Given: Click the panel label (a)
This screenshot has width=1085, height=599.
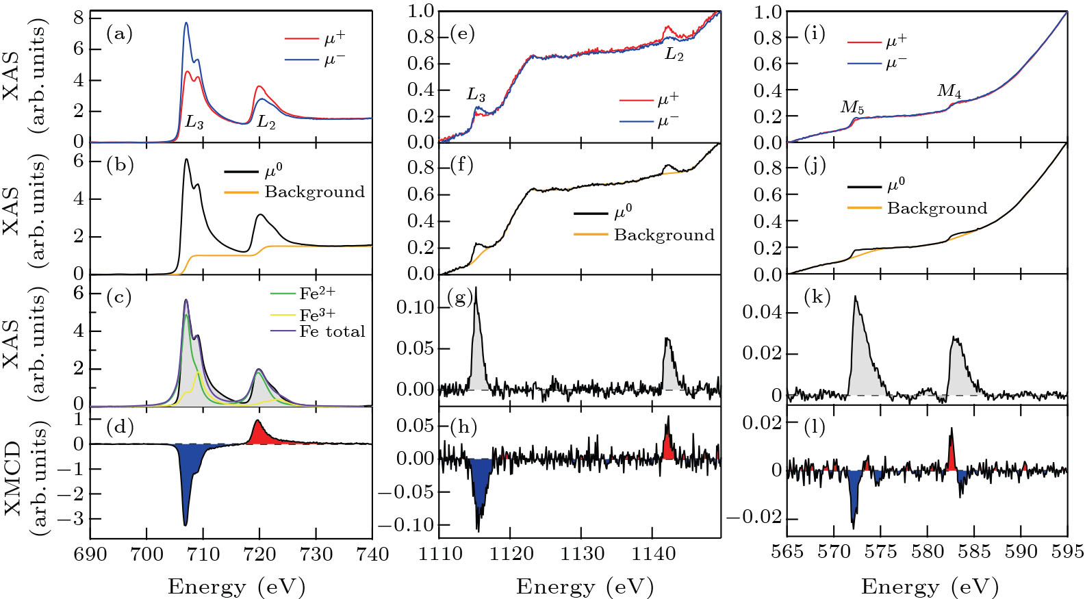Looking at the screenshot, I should click(119, 34).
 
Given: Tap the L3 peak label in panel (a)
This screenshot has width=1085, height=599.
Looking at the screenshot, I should click(194, 123).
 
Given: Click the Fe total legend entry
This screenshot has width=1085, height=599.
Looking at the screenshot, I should click(332, 332).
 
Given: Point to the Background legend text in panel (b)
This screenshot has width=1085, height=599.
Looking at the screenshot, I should click(315, 192).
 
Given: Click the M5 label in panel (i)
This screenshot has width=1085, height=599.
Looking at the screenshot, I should click(852, 107).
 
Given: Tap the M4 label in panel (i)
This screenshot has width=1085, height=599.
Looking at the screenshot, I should click(949, 91).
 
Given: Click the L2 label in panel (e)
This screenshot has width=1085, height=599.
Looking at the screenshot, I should click(674, 55).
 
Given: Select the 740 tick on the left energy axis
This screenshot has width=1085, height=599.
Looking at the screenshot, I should click(372, 554).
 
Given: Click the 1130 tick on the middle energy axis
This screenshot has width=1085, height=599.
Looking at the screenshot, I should click(582, 554).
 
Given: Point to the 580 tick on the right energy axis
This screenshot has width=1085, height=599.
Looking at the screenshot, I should click(928, 552).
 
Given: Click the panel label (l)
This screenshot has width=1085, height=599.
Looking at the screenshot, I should click(814, 427).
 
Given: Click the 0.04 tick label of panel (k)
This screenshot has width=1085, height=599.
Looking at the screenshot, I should click(761, 312).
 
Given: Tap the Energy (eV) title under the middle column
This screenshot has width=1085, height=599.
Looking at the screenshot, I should click(585, 587).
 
